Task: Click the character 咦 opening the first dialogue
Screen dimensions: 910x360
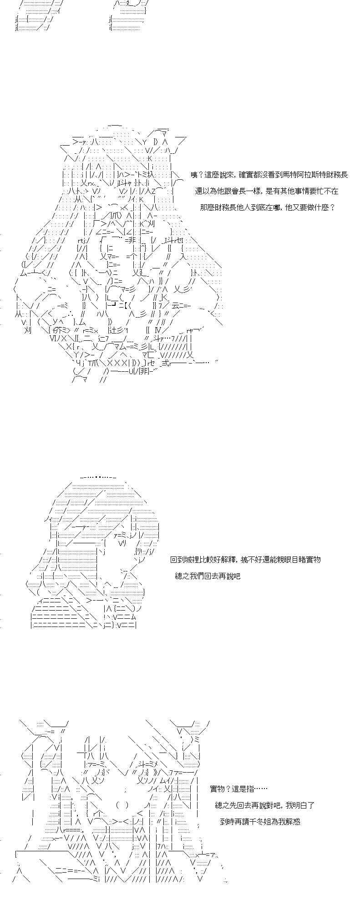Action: point(194,175)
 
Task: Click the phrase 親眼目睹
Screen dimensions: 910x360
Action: point(290,559)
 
